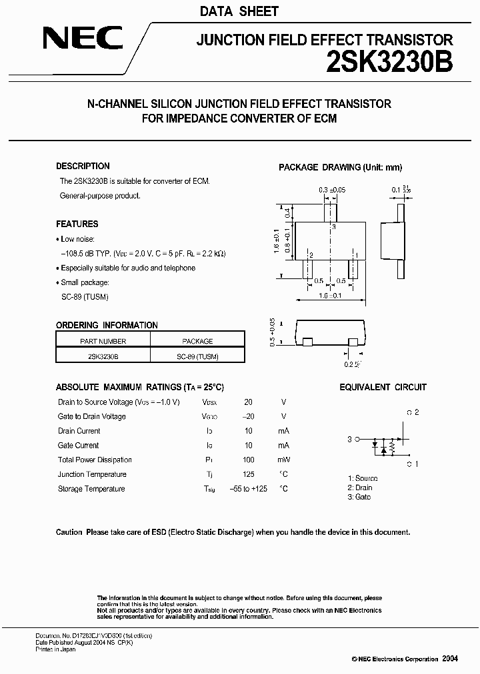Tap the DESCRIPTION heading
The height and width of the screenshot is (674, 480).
[83, 167]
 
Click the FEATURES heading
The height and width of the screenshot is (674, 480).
[77, 224]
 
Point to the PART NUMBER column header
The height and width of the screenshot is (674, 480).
[103, 342]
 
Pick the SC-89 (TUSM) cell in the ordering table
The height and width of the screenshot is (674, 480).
[197, 357]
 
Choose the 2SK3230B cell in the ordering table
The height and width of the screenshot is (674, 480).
[103, 357]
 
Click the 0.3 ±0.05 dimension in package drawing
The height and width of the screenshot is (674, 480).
[332, 190]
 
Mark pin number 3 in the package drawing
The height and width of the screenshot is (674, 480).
[333, 228]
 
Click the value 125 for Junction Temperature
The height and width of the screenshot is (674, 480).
[248, 475]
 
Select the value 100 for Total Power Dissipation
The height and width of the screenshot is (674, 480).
[248, 460]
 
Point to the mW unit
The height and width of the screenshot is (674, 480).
[283, 460]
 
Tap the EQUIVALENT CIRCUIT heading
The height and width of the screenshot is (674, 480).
[383, 387]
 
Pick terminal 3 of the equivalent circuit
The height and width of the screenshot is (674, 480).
[351, 439]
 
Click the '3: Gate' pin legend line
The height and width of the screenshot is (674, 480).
[359, 498]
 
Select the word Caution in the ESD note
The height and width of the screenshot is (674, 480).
[69, 533]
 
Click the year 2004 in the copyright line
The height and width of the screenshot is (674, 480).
[450, 659]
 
